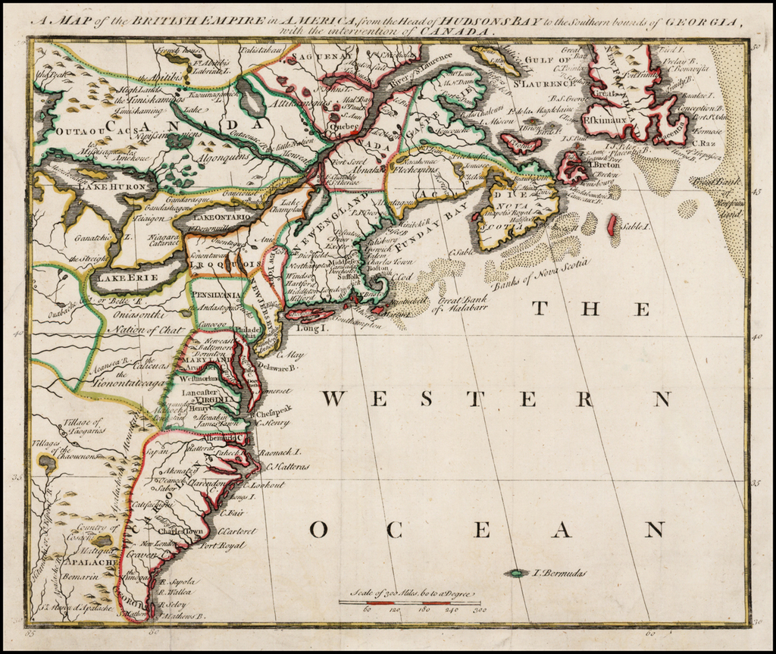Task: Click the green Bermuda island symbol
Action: [x=518, y=574]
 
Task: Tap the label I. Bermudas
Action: [x=559, y=574]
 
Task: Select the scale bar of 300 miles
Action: [x=412, y=602]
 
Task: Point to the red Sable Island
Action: [x=612, y=224]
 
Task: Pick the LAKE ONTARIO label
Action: [x=219, y=217]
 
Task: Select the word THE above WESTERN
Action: [x=591, y=308]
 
